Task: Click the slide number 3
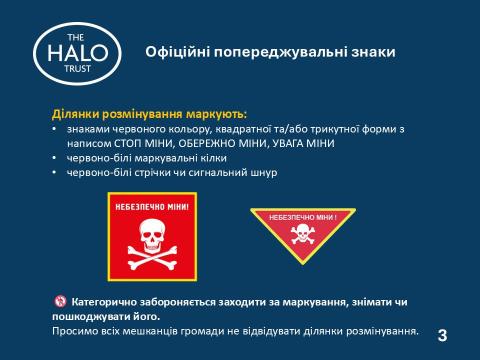[x=440, y=333]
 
